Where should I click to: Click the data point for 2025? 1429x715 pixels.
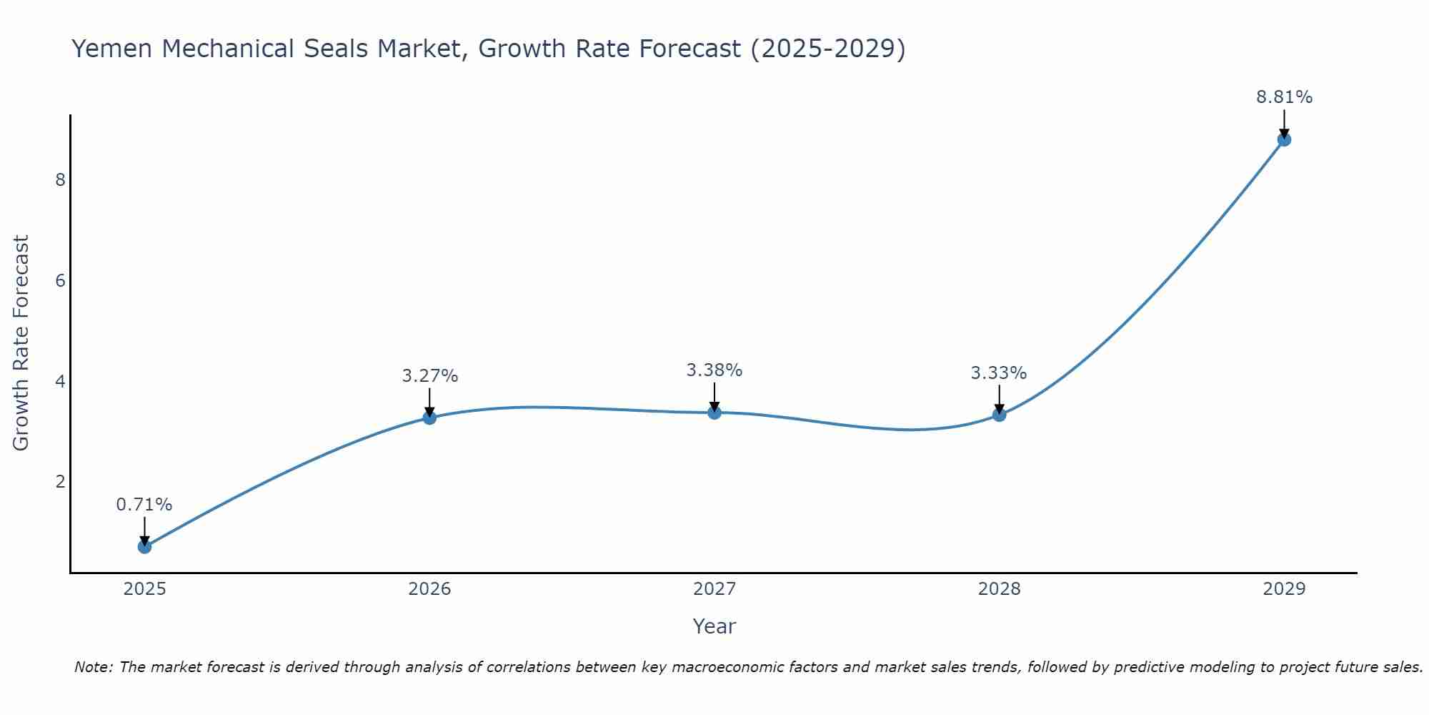click(x=144, y=547)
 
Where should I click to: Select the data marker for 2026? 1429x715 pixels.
click(x=429, y=418)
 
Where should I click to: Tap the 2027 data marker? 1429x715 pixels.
click(x=714, y=413)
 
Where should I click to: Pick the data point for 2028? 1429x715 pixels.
click(x=999, y=415)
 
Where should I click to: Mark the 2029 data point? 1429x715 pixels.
click(x=1284, y=139)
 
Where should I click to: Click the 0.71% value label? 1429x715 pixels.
click(x=144, y=505)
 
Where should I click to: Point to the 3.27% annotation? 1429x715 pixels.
click(x=429, y=376)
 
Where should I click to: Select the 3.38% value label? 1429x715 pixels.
click(x=714, y=370)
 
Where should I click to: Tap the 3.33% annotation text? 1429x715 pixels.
click(x=999, y=373)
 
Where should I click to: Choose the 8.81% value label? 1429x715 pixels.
click(x=1284, y=97)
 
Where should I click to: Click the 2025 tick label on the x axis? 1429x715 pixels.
click(x=144, y=589)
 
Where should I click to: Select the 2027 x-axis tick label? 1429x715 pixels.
click(x=714, y=589)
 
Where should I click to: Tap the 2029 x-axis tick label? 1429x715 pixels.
click(x=1284, y=589)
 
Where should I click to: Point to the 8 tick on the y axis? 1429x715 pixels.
click(x=60, y=179)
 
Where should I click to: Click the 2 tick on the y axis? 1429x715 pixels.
click(x=60, y=481)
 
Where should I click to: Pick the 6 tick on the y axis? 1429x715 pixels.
click(x=60, y=280)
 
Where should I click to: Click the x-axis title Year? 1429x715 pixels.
click(x=714, y=626)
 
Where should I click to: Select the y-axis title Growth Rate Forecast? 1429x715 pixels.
click(x=21, y=343)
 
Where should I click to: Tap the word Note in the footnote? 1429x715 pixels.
click(x=92, y=667)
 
